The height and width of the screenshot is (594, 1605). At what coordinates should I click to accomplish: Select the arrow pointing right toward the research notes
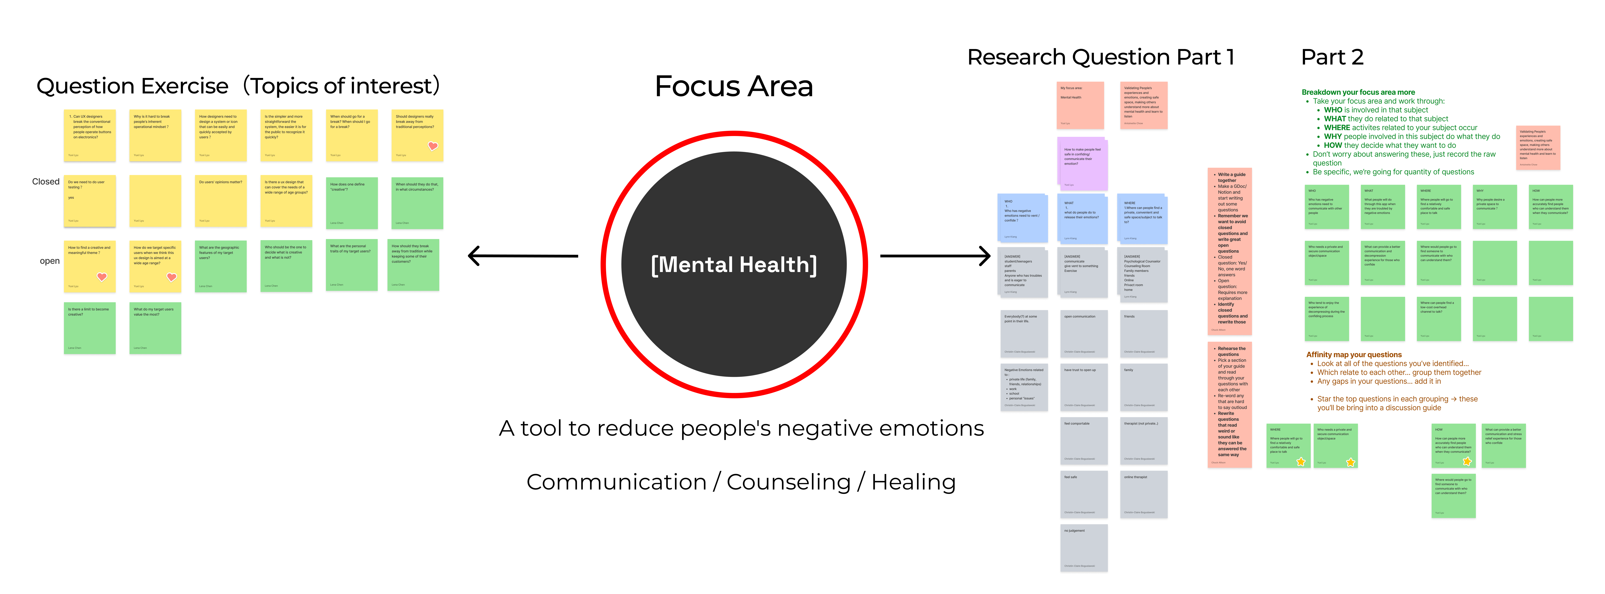pos(935,256)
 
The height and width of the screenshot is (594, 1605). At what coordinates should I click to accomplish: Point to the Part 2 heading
pos(1332,57)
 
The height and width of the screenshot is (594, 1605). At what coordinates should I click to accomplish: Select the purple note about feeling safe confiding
pos(1082,163)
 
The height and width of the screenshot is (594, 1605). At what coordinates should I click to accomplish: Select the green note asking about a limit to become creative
pos(90,328)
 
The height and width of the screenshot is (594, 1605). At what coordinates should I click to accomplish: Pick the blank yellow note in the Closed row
pos(155,201)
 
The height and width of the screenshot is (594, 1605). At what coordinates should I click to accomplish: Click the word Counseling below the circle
pos(788,482)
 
